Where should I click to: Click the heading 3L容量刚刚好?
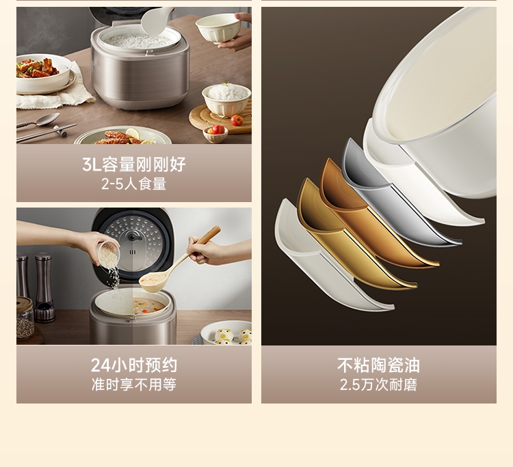click(134, 165)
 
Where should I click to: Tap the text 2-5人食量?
click(134, 184)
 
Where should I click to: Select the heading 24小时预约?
click(134, 365)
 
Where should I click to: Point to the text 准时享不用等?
click(134, 384)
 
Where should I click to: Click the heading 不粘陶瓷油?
click(378, 365)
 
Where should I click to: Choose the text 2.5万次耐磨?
click(378, 384)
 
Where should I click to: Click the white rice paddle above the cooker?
click(156, 21)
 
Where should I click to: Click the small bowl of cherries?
click(215, 133)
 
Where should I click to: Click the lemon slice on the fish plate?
click(133, 134)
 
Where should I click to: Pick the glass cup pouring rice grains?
click(108, 254)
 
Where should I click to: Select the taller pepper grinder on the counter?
click(45, 287)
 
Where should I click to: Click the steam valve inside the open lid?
click(133, 236)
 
